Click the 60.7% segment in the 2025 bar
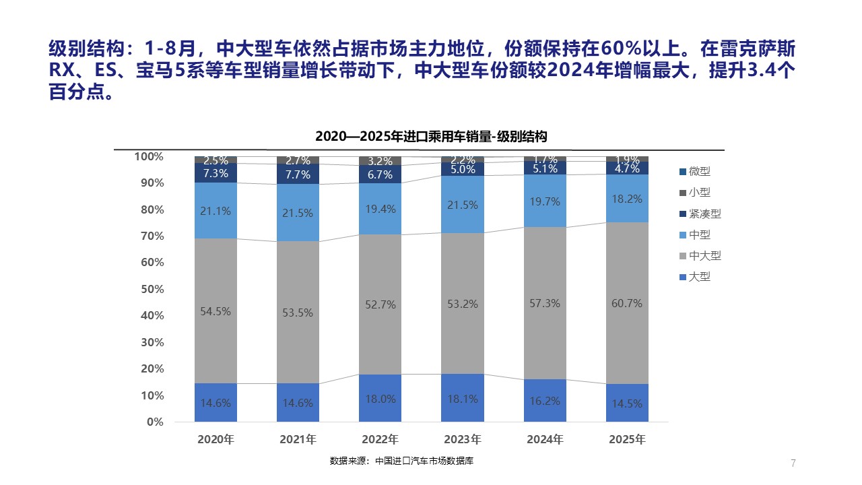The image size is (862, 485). (x=627, y=303)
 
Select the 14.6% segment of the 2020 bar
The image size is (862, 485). (x=215, y=403)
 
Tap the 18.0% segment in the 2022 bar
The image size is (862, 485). (x=380, y=398)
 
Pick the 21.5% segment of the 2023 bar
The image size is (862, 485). (x=462, y=204)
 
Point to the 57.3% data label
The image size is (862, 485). (x=544, y=304)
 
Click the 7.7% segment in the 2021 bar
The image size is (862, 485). (x=298, y=174)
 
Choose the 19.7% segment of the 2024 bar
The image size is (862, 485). (x=544, y=201)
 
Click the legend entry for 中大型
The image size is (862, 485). (x=700, y=256)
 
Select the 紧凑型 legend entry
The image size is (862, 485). (x=700, y=214)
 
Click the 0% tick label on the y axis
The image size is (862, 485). (x=154, y=422)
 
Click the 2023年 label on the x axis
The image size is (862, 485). (x=462, y=440)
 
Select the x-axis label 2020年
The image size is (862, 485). (x=215, y=440)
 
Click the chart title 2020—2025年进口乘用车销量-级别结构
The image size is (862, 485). (x=431, y=136)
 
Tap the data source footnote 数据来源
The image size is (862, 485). (x=405, y=461)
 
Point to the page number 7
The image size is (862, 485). (x=793, y=463)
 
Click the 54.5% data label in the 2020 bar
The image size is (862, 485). (x=215, y=311)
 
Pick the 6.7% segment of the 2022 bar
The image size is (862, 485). (x=380, y=174)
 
